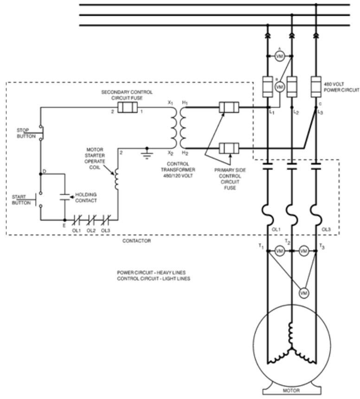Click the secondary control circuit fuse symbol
pyautogui.click(x=127, y=108)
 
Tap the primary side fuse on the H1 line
pyautogui.click(x=228, y=108)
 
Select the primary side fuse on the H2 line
pyautogui.click(x=228, y=149)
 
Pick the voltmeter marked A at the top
pyautogui.click(x=279, y=56)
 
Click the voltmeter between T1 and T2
pyautogui.click(x=279, y=251)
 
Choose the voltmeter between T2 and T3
pyautogui.click(x=303, y=251)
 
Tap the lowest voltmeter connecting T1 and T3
pyautogui.click(x=303, y=293)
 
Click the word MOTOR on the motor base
pyautogui.click(x=291, y=390)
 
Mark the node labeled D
pyautogui.click(x=44, y=172)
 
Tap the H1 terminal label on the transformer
pyautogui.click(x=184, y=102)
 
